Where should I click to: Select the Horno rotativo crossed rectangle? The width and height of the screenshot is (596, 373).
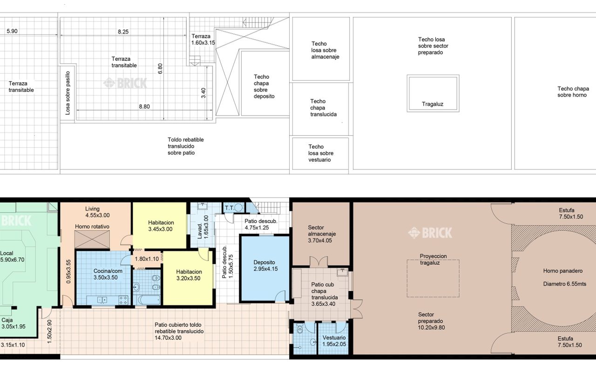click(x=92, y=240)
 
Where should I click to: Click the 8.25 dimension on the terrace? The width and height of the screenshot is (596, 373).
click(x=123, y=32)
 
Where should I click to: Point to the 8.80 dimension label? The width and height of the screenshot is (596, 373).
click(x=144, y=107)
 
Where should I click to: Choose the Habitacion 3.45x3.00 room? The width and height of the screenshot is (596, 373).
click(x=160, y=225)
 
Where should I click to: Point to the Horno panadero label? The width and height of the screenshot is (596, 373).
click(x=563, y=271)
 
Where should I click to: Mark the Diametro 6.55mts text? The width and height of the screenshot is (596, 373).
click(x=565, y=284)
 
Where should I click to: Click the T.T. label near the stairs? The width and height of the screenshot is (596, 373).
click(x=229, y=207)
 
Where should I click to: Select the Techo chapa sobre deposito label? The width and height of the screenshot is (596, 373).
click(x=264, y=87)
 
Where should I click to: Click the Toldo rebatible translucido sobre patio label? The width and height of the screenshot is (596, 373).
click(x=186, y=146)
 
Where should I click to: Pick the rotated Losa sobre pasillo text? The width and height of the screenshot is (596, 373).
click(x=68, y=93)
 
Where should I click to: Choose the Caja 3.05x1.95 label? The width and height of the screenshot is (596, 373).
click(x=14, y=323)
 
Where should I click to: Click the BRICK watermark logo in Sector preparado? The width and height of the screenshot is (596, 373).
click(x=430, y=233)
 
